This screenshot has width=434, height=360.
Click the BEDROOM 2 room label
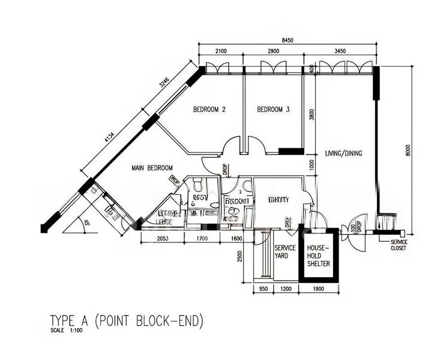[209, 110]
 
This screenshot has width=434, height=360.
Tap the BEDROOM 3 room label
[273, 110]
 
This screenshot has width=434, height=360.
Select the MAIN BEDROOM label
[152, 168]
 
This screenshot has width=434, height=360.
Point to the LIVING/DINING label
[343, 154]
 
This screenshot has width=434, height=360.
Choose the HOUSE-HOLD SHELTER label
[318, 255]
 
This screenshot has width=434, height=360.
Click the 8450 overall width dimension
[287, 41]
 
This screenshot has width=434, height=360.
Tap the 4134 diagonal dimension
[110, 137]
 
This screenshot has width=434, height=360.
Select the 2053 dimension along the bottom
[163, 238]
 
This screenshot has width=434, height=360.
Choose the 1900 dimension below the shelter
[319, 289]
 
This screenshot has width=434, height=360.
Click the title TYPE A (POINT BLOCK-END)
[126, 320]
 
